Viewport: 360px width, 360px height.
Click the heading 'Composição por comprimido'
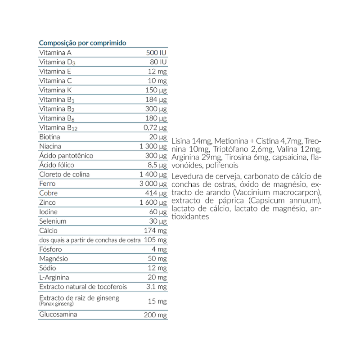pos(82,43)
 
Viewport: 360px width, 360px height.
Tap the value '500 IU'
pos(157,53)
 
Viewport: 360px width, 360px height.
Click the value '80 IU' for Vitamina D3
pos(159,62)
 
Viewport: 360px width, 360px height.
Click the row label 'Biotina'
pos(49,137)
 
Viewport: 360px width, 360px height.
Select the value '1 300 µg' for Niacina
pos(153,146)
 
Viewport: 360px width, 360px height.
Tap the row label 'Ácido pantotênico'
pos(66,156)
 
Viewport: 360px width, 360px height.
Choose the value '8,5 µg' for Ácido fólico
pos(157,165)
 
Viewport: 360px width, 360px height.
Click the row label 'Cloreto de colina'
pos(64,175)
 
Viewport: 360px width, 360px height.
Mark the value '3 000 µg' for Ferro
pos(153,184)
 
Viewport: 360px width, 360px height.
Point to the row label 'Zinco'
pos(48,202)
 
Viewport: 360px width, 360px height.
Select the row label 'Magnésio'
pos(54,259)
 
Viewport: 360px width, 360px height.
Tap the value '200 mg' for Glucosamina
pos(155,315)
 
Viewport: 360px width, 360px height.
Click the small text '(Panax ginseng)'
pos(56,304)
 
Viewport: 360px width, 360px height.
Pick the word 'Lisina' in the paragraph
pos(181,142)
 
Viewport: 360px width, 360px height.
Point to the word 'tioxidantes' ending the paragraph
pos(190,216)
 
